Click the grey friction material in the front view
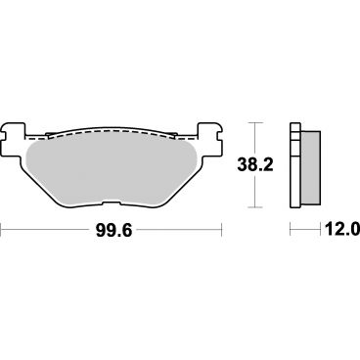click(x=113, y=161)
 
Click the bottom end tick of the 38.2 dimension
click(x=257, y=206)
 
